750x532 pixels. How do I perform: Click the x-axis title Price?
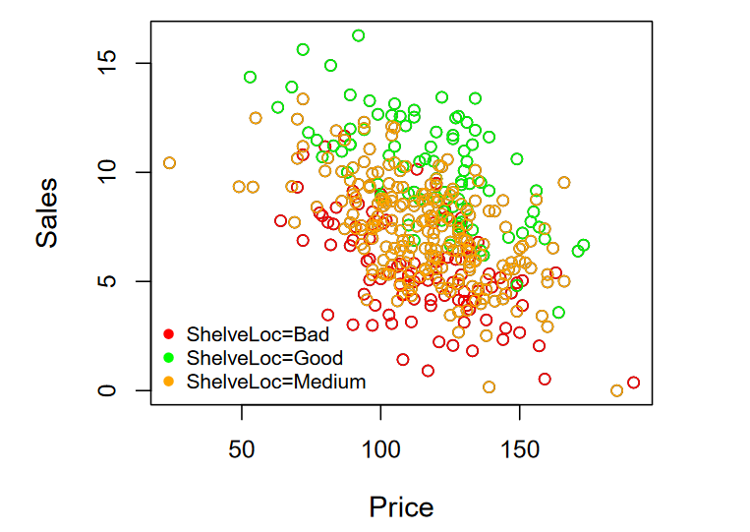pos(401,506)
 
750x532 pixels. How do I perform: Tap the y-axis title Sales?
pos(47,212)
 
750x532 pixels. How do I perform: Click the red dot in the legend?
pos(168,334)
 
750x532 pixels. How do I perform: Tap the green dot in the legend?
pos(168,358)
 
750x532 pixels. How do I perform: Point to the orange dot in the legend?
pos(168,382)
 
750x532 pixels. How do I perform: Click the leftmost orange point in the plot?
pos(169,163)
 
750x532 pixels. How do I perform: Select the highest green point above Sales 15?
pos(359,35)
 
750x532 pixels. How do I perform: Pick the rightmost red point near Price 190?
pos(634,383)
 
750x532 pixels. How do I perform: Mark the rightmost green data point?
pos(584,245)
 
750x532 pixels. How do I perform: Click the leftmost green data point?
pos(251,77)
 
